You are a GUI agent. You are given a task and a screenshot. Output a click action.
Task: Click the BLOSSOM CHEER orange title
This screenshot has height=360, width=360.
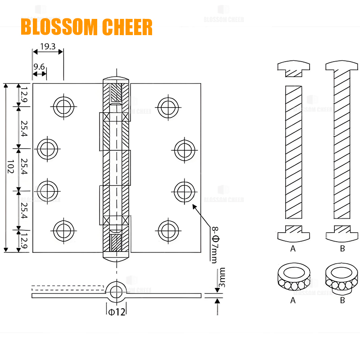[86, 27]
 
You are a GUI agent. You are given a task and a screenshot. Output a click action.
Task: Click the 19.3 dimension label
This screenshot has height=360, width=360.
[48, 46]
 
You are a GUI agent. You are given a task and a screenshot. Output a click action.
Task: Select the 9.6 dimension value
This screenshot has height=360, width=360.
[39, 67]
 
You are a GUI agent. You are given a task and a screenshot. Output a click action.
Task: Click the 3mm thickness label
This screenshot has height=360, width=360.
[221, 279]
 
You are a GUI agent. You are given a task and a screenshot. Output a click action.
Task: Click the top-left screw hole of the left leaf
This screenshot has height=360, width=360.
[63, 107]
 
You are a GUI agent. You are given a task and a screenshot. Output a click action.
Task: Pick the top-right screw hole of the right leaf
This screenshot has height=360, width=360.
[167, 107]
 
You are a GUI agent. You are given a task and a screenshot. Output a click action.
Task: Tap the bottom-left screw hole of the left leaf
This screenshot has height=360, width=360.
[63, 230]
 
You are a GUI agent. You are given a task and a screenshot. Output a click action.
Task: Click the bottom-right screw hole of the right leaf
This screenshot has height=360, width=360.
[167, 230]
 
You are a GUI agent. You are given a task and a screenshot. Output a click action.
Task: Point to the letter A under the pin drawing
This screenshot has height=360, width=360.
[293, 248]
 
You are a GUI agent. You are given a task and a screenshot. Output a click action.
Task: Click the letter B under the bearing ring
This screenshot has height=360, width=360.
[342, 300]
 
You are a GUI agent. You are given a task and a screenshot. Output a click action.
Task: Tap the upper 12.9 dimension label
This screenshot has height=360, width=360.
[23, 94]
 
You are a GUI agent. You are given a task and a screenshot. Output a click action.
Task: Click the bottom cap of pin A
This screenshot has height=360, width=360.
[293, 233]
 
